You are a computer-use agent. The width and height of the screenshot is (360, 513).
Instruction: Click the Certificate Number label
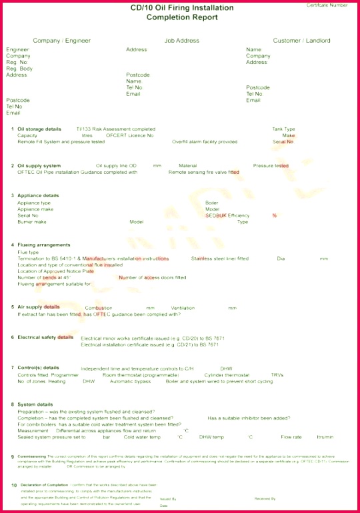(x=327, y=5)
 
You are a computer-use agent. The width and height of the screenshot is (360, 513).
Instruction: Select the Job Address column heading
(x=182, y=41)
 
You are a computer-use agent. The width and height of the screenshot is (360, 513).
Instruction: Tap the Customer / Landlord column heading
(x=301, y=41)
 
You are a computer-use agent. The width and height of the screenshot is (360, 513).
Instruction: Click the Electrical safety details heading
(x=45, y=337)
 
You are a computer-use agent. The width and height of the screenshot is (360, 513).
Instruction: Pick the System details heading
(x=35, y=404)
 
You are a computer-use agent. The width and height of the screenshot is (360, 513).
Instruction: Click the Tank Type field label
(x=283, y=129)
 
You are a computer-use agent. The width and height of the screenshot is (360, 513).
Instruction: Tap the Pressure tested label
(x=271, y=165)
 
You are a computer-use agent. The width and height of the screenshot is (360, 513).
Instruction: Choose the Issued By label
(x=168, y=498)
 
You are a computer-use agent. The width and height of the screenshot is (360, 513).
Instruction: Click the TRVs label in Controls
(x=277, y=375)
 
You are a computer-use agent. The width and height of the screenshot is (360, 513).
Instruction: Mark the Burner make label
(x=31, y=222)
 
